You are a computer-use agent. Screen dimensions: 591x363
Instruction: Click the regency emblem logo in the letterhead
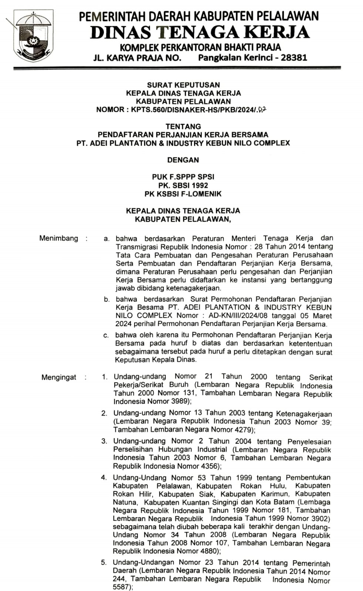(33, 36)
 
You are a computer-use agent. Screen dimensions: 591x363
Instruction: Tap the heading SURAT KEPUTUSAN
(183, 85)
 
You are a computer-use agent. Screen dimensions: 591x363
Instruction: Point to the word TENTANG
(183, 126)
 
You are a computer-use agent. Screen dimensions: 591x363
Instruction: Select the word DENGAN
(183, 160)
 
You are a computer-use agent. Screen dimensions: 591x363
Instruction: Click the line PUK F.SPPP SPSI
(183, 177)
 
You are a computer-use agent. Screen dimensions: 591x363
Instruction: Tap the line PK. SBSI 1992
(183, 185)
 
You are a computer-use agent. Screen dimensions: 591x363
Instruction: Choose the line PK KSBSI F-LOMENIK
(183, 194)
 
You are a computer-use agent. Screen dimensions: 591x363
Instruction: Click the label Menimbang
(59, 239)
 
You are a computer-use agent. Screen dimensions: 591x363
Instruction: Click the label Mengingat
(59, 378)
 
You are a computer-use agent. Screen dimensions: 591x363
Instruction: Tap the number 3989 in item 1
(179, 401)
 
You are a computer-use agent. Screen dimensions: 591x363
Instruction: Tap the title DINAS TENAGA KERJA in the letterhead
(200, 33)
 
